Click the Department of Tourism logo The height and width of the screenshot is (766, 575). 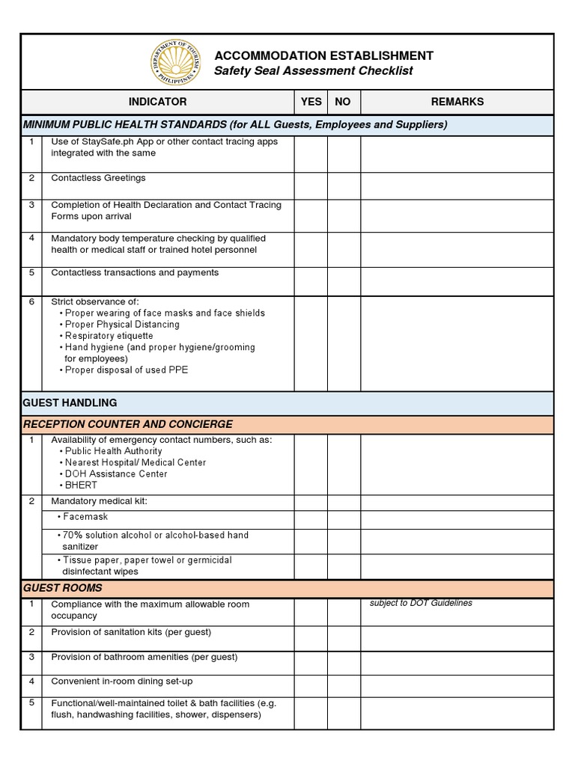tap(174, 63)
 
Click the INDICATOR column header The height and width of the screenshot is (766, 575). tap(157, 102)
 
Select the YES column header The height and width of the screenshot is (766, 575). tap(311, 102)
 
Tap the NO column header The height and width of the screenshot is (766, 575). tap(343, 102)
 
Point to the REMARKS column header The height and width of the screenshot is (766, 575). tap(457, 102)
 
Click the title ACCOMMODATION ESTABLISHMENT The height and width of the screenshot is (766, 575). tap(323, 56)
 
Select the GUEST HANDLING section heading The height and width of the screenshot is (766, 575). tap(70, 403)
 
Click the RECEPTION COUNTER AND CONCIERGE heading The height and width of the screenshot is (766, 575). tap(128, 424)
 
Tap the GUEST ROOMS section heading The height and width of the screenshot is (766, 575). tap(63, 589)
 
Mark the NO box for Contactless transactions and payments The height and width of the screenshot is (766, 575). tap(344, 281)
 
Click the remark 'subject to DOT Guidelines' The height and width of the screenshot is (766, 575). tap(421, 604)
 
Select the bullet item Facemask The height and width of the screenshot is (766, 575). tap(85, 517)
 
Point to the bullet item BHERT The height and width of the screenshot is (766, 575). tap(81, 485)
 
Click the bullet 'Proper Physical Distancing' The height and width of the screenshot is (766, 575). tap(122, 325)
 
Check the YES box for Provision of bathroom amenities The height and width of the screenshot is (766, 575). tap(311, 662)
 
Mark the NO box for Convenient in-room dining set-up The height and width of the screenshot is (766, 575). tap(344, 686)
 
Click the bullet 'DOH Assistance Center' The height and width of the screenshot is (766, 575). tap(116, 474)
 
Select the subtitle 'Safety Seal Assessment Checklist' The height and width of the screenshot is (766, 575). tap(313, 71)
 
